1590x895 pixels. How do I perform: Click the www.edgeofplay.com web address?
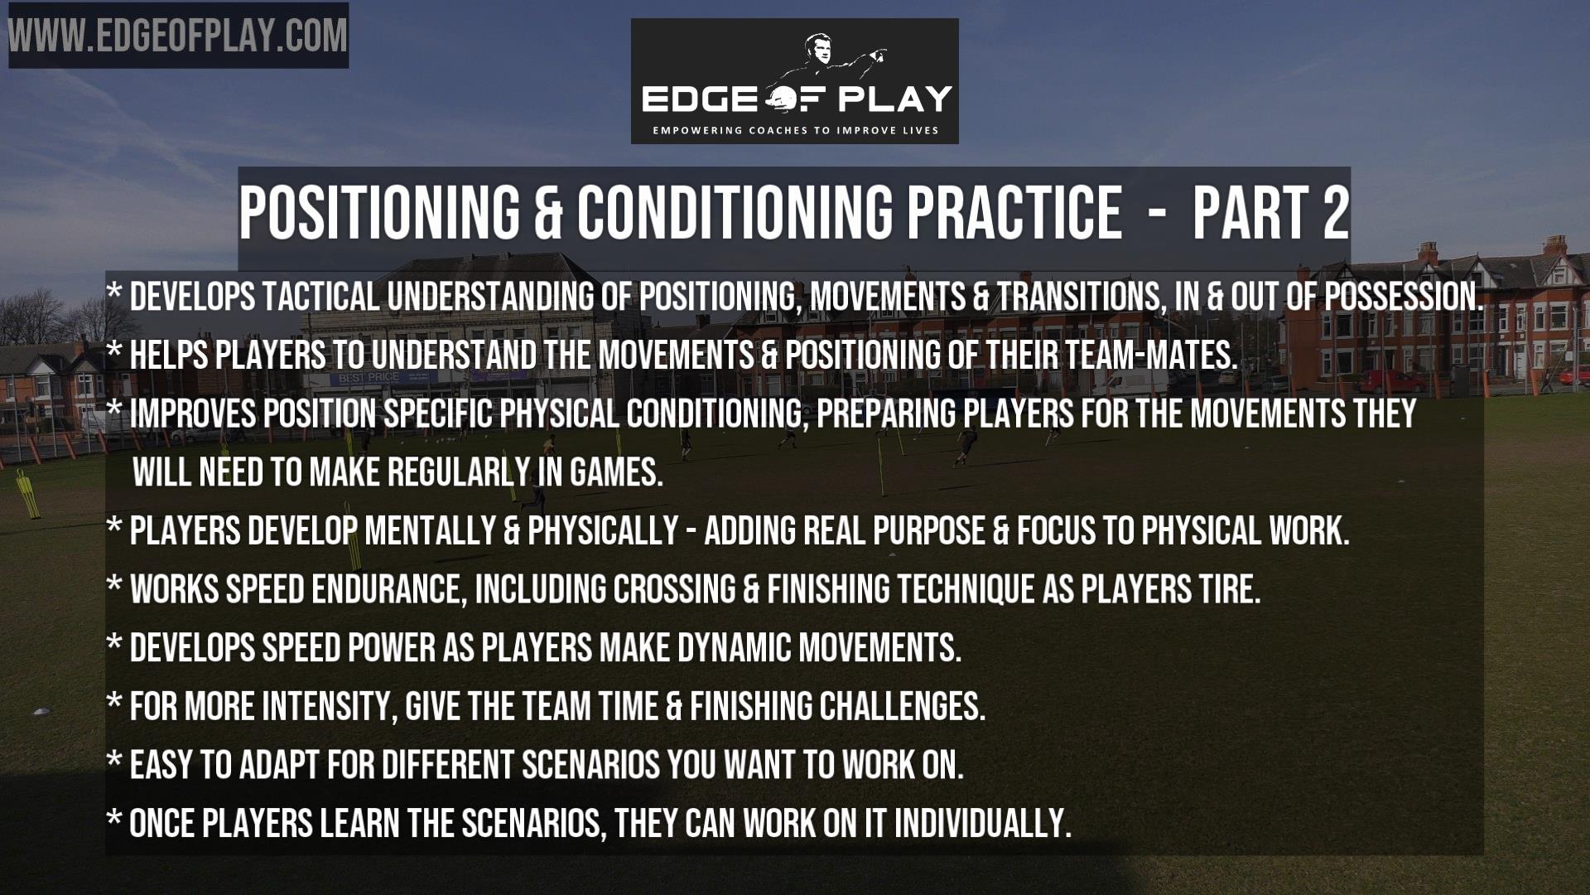(x=178, y=36)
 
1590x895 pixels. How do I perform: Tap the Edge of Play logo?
(x=795, y=81)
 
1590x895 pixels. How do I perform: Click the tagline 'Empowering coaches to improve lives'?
(x=795, y=130)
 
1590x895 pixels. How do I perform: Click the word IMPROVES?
(x=193, y=414)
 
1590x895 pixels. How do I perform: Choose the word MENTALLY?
(x=430, y=531)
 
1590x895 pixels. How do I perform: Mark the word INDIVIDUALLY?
(x=982, y=824)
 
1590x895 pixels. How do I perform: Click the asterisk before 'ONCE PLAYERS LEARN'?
(x=114, y=820)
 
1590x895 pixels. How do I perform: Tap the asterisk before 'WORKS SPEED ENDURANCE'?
(x=114, y=586)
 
